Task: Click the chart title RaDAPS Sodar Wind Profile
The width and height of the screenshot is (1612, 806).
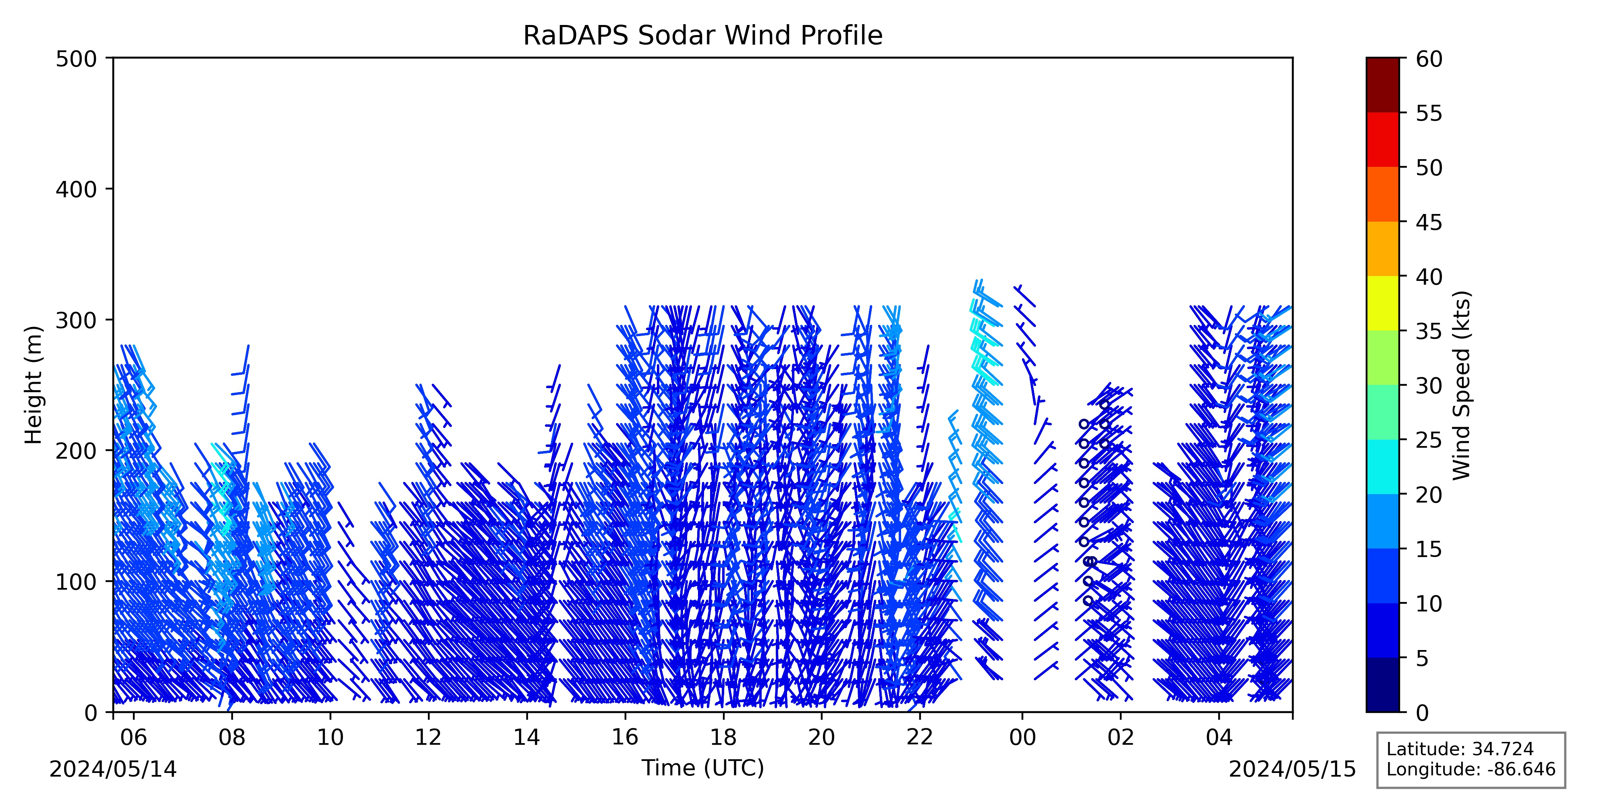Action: [x=703, y=36]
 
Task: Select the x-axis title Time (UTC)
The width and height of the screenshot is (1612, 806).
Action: [x=703, y=768]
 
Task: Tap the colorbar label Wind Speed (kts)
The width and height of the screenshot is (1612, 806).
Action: [x=1461, y=385]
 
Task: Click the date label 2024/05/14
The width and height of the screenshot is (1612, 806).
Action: [x=113, y=769]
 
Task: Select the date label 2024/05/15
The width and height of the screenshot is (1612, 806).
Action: [x=1293, y=769]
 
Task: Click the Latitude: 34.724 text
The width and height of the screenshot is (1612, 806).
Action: [x=1460, y=749]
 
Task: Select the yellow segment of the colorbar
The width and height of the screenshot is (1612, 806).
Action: [x=1382, y=303]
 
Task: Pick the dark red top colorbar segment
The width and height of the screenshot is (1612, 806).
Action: [x=1382, y=85]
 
